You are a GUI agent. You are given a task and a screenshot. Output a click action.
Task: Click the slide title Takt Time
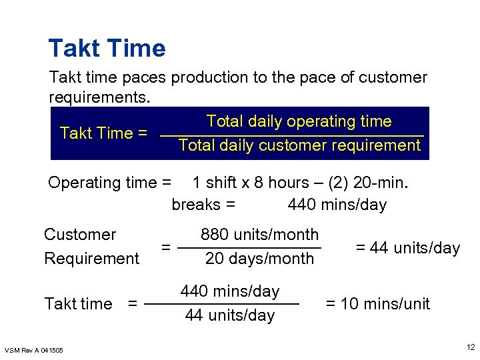(x=107, y=49)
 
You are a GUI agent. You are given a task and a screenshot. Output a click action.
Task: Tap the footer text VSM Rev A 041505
(x=34, y=350)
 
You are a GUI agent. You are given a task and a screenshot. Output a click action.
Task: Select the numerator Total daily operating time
(x=299, y=121)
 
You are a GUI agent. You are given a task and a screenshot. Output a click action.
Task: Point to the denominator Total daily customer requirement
(x=299, y=145)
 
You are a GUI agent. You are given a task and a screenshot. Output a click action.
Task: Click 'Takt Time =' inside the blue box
(x=103, y=133)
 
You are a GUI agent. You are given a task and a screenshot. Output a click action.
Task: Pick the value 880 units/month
(x=260, y=235)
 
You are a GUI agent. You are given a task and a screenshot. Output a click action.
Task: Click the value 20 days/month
(x=259, y=259)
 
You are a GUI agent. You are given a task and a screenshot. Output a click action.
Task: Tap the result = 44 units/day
(x=407, y=248)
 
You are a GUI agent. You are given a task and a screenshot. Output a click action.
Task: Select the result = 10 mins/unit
(x=377, y=304)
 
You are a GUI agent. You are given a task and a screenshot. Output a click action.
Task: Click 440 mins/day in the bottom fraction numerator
(x=230, y=291)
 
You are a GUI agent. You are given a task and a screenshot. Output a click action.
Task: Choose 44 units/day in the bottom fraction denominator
(x=229, y=315)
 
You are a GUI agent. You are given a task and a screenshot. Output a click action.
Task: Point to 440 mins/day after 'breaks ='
(x=337, y=205)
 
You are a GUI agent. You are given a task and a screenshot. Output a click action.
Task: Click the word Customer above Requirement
(x=80, y=235)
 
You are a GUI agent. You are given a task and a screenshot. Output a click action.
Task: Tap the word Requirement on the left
(x=91, y=259)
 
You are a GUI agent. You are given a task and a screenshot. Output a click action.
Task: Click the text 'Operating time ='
(x=109, y=183)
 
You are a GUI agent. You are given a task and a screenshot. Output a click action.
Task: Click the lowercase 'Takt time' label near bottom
(x=78, y=304)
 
